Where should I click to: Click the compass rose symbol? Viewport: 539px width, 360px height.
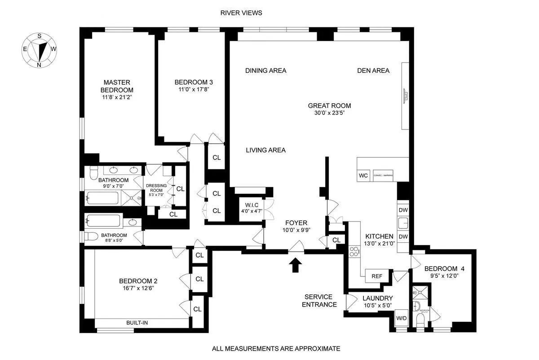click(40, 50)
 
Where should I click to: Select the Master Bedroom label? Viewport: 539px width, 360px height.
click(117, 86)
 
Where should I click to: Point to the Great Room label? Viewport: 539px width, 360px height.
click(329, 106)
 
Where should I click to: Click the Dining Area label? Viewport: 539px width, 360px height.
click(265, 71)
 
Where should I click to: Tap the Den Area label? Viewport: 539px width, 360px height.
click(373, 71)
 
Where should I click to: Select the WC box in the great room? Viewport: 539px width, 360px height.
click(363, 175)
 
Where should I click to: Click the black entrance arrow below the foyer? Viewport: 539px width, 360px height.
click(295, 265)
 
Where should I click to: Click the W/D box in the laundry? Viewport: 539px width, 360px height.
click(401, 319)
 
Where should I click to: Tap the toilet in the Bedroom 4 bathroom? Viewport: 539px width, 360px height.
click(421, 321)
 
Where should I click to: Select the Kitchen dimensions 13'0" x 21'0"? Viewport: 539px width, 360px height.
click(379, 244)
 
